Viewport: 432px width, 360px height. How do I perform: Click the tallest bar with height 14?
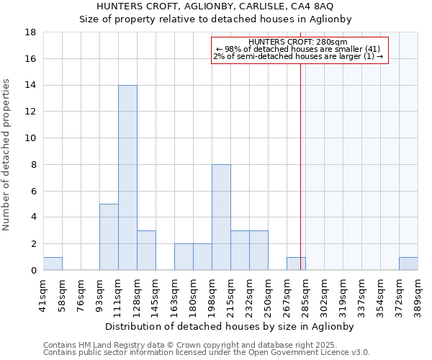[127, 178]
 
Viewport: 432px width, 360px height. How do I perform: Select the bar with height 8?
[221, 217]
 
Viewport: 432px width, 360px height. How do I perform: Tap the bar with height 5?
[109, 237]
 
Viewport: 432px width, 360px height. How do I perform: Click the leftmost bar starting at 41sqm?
[53, 264]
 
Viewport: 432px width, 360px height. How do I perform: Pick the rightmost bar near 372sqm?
[408, 264]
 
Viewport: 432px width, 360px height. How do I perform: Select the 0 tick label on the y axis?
[34, 271]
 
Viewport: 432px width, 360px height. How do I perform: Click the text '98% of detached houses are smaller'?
[299, 49]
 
